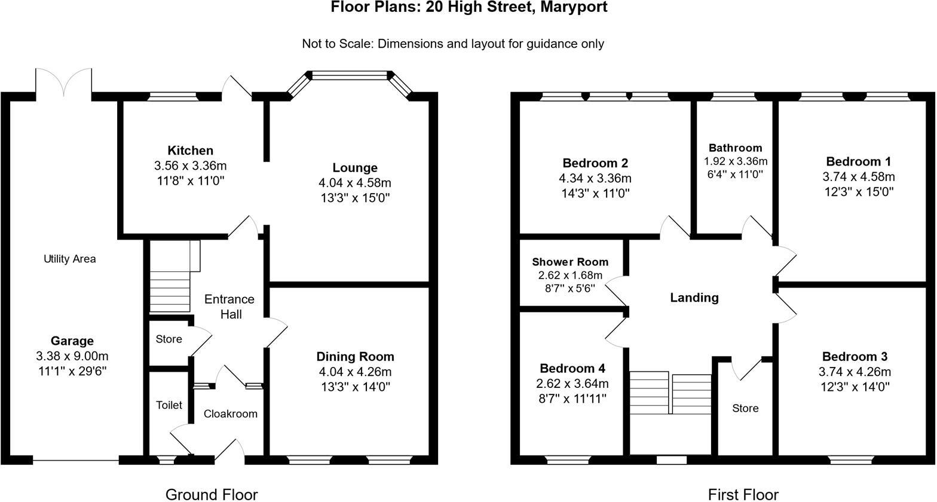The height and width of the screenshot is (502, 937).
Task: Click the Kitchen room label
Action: [x=190, y=151]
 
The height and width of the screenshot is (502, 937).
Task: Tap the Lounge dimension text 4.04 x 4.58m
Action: [x=355, y=183]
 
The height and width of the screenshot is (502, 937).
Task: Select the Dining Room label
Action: [x=355, y=357]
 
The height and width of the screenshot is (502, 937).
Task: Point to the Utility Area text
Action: [x=69, y=259]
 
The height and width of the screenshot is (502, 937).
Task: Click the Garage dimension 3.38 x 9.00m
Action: [x=72, y=356]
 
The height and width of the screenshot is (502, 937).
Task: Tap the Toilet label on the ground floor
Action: [x=169, y=405]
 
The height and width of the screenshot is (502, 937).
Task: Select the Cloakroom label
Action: [x=230, y=414]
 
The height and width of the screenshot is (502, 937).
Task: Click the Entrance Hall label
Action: [x=230, y=306]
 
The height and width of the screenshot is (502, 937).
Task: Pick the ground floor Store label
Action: [x=169, y=339]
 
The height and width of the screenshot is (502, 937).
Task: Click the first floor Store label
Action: [x=745, y=408]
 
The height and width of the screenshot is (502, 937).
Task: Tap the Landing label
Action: [x=694, y=298]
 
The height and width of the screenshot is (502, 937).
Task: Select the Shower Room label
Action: [x=570, y=262]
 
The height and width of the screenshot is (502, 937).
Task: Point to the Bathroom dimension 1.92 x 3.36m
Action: [x=735, y=161]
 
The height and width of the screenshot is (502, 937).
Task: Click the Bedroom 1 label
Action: [x=858, y=161]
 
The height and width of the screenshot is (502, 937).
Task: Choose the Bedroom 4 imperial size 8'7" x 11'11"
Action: [x=572, y=399]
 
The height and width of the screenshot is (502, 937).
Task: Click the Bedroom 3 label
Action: [x=854, y=357]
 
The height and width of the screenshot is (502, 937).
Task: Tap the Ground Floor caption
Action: [x=211, y=494]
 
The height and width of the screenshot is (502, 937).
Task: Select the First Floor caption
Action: [x=743, y=494]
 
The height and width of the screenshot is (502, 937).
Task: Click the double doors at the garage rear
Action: [x=63, y=82]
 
